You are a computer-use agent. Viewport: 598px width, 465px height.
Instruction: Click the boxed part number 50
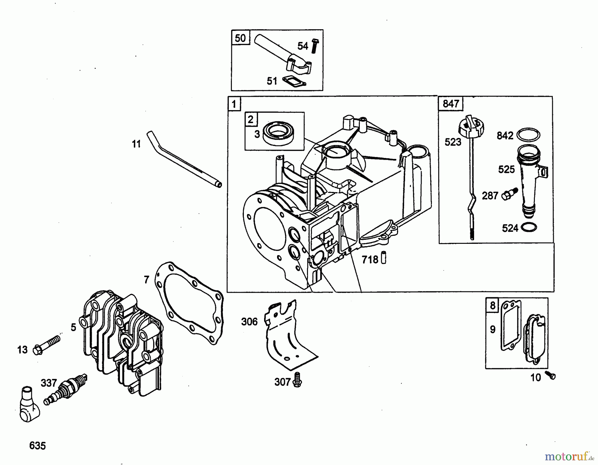[240, 38]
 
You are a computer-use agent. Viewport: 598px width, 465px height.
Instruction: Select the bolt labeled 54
[315, 46]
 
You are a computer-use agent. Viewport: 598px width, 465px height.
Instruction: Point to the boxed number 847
[450, 104]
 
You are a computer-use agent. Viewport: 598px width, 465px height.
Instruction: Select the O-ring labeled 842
[528, 135]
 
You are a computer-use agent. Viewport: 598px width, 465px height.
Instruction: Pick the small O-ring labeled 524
[529, 228]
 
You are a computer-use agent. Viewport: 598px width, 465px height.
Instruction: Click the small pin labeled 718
[384, 257]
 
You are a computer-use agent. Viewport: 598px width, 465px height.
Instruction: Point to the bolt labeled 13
[47, 345]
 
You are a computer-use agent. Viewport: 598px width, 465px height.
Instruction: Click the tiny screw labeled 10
[550, 376]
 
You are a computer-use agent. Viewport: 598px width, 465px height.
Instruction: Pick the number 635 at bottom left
[37, 445]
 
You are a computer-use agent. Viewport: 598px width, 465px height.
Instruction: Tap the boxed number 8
[492, 305]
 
